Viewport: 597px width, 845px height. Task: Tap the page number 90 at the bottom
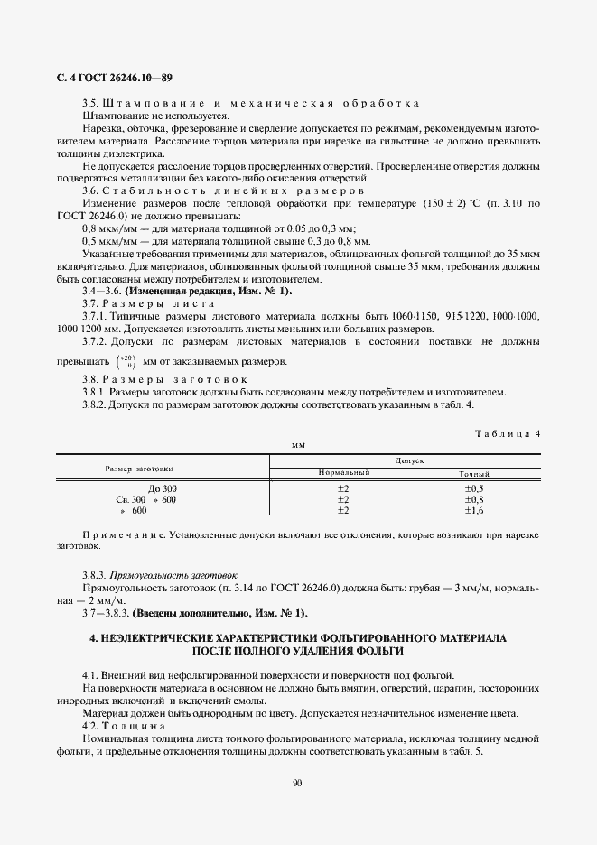click(x=298, y=782)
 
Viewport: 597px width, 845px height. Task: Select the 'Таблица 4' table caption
click(x=507, y=433)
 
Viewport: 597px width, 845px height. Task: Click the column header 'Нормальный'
click(x=343, y=473)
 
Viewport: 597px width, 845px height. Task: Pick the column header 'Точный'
click(x=474, y=473)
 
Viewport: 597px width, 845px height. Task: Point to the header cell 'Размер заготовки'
click(x=139, y=469)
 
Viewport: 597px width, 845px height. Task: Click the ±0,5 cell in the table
click(x=474, y=488)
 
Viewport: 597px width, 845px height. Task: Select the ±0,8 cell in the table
click(x=474, y=499)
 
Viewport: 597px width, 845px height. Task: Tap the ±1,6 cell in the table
click(x=474, y=510)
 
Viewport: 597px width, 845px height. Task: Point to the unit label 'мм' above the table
click(x=298, y=445)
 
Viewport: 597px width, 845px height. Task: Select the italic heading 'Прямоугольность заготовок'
click(x=173, y=574)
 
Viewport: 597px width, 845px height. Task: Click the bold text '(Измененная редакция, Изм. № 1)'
click(x=208, y=290)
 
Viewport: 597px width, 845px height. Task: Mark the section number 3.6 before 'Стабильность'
click(x=90, y=191)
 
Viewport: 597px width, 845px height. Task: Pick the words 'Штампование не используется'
click(x=154, y=116)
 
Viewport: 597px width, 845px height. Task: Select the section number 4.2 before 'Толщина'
click(x=90, y=726)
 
